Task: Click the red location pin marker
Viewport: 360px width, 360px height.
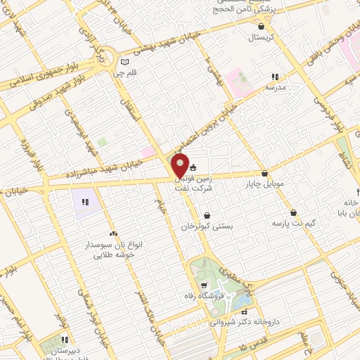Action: click(181, 166)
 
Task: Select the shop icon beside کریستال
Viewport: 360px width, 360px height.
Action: click(262, 26)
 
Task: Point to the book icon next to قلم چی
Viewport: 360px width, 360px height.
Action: click(125, 62)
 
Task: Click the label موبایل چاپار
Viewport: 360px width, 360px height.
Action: click(264, 184)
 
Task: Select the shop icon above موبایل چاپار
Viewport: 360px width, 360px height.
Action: click(264, 173)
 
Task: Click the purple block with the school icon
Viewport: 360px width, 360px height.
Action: click(85, 202)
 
